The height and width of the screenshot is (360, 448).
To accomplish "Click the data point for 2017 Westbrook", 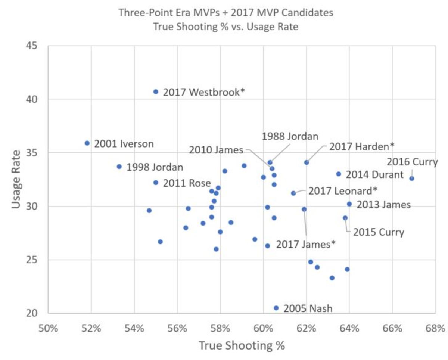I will (156, 91).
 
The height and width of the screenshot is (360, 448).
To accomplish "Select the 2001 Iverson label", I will (124, 144).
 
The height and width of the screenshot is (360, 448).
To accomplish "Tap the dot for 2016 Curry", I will (411, 178).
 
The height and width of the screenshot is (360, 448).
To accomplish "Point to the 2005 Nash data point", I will (276, 308).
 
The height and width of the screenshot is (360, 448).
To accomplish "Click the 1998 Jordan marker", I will (119, 166).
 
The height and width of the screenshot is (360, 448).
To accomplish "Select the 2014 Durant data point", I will (338, 174).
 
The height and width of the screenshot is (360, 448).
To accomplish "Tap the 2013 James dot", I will (349, 204).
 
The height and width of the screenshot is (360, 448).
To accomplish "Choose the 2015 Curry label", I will (379, 232).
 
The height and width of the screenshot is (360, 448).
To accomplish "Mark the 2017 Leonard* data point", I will (293, 193).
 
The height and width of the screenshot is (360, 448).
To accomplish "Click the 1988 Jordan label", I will (290, 136).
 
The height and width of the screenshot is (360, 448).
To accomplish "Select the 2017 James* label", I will (305, 244).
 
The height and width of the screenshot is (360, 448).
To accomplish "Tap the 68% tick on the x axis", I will (435, 329).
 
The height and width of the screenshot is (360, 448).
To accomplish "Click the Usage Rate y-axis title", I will (16, 179).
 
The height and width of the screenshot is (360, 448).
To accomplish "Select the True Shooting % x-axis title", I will (242, 346).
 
